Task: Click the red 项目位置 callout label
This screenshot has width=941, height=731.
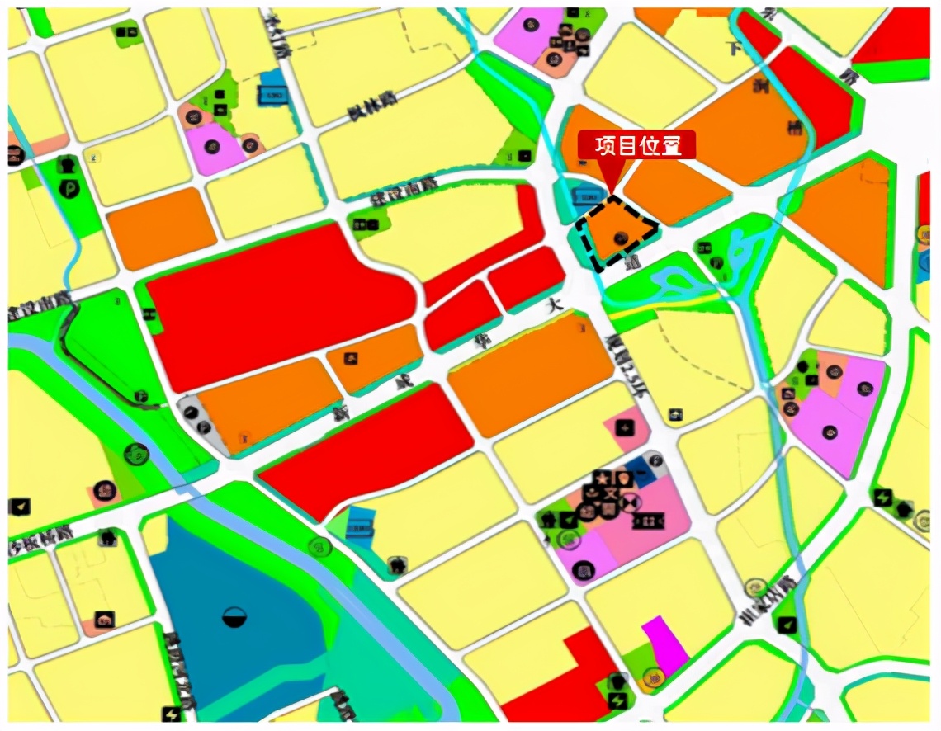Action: (636, 145)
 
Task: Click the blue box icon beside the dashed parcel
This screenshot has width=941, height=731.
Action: (586, 197)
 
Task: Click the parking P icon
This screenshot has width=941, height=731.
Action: (69, 188)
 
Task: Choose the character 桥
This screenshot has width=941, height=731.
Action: (794, 126)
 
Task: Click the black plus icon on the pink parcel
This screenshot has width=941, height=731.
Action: (625, 427)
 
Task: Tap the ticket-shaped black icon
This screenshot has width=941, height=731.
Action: (648, 521)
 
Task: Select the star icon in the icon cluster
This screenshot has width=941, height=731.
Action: (603, 478)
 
